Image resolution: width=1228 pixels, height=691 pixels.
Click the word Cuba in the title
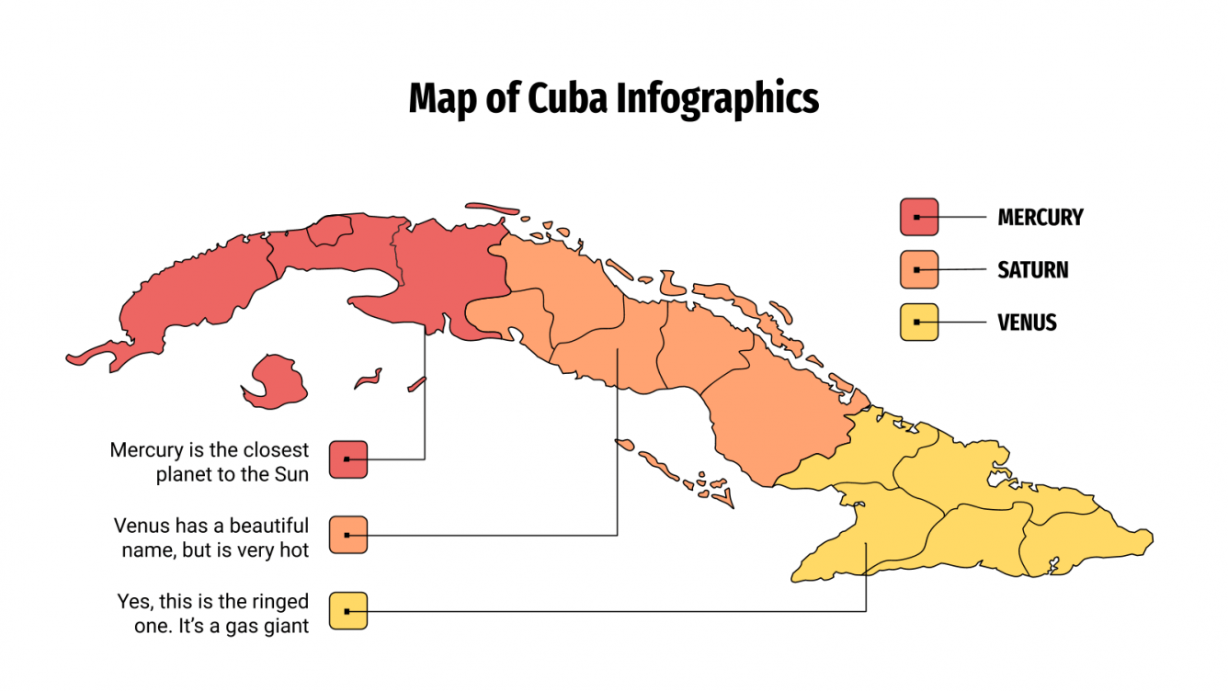(x=567, y=98)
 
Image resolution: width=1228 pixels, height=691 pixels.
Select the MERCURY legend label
(x=1040, y=218)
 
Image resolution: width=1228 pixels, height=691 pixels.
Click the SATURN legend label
(x=1033, y=270)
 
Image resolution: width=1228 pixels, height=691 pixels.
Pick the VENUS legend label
(x=1028, y=323)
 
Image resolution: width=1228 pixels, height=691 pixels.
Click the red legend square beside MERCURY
(x=918, y=217)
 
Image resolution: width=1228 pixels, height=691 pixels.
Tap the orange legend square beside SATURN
(x=918, y=269)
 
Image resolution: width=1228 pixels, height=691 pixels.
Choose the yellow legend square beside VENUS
(x=918, y=322)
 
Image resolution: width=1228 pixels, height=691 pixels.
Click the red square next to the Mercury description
(x=348, y=459)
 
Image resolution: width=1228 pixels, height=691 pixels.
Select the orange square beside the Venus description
(x=348, y=535)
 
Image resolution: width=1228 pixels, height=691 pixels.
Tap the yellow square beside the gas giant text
(x=348, y=610)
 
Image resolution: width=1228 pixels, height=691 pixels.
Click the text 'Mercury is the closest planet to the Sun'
(x=210, y=462)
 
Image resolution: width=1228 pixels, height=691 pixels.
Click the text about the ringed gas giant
(x=213, y=613)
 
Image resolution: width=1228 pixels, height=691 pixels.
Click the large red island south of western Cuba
(x=276, y=380)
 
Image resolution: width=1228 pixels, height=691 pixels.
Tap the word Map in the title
(x=441, y=98)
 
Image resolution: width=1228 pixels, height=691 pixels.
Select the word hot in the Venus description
(x=291, y=549)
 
